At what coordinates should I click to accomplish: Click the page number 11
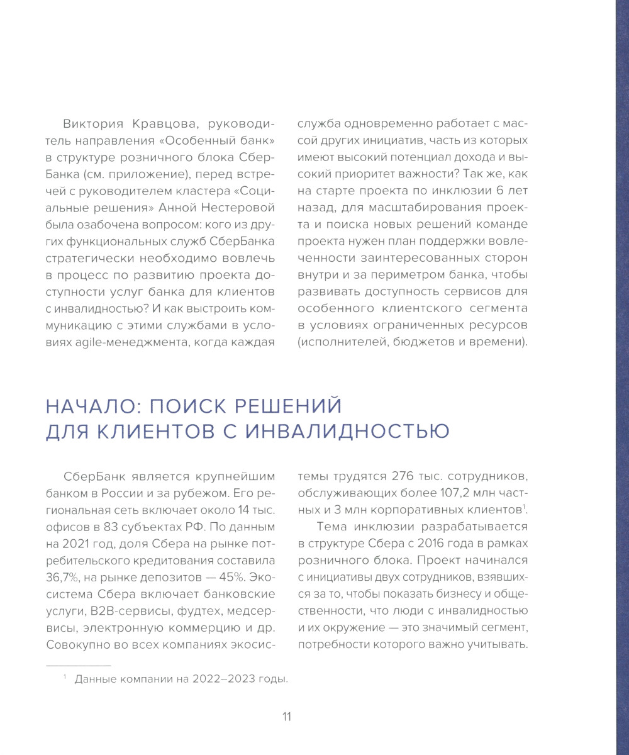tap(286, 717)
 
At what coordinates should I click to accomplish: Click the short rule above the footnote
tap(78, 665)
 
